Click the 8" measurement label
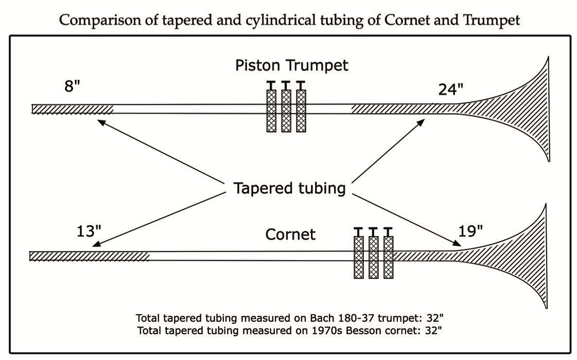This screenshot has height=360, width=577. coord(73,85)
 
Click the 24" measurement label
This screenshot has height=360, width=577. coord(450,89)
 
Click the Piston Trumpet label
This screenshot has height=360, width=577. coord(291,66)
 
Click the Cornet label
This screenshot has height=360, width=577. coord(290,235)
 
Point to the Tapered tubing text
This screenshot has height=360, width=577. coord(289,188)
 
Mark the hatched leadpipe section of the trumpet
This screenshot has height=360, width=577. coord(73,109)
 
